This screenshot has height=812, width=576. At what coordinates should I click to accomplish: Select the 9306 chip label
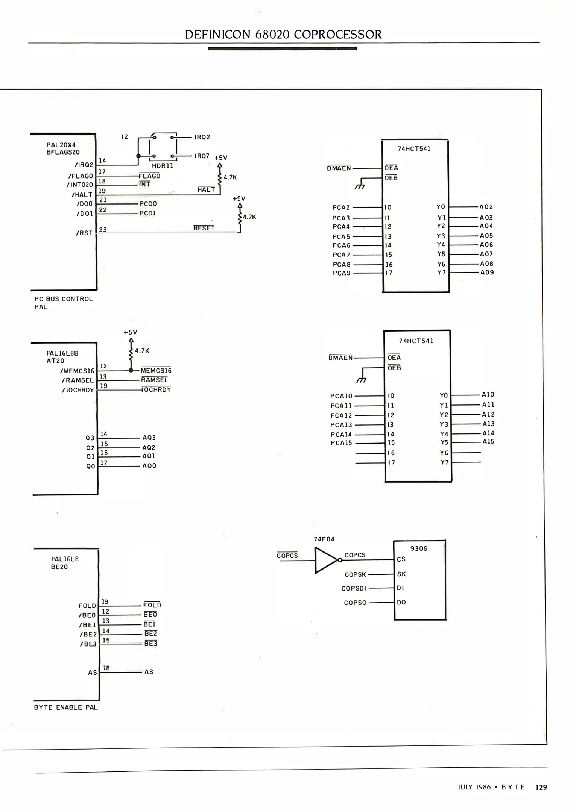click(x=418, y=548)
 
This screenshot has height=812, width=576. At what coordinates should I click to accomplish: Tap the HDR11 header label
click(x=163, y=165)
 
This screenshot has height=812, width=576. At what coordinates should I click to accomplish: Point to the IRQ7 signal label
click(x=202, y=156)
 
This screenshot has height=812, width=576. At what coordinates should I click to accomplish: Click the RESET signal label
click(x=204, y=228)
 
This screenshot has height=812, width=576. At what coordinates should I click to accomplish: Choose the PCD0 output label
click(x=148, y=204)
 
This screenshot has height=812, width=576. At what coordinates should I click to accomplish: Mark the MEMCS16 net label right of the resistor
click(x=156, y=371)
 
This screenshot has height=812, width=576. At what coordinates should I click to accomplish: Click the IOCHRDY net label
click(x=157, y=390)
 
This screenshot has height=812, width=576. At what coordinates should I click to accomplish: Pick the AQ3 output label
click(x=149, y=438)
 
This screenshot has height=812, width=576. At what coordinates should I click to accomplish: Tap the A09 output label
click(x=487, y=273)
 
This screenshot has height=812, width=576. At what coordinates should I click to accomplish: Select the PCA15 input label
click(x=341, y=443)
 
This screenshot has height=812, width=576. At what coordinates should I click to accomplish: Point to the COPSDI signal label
click(x=354, y=588)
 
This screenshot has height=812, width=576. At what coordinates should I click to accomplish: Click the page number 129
click(x=541, y=787)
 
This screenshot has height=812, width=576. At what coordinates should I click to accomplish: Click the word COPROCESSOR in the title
click(x=337, y=35)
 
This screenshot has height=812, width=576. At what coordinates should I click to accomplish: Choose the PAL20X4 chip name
click(x=61, y=145)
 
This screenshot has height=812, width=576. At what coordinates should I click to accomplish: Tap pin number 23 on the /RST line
click(x=103, y=229)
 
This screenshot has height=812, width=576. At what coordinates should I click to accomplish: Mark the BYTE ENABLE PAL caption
click(x=66, y=707)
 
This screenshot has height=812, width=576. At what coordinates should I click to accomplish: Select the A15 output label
click(x=488, y=441)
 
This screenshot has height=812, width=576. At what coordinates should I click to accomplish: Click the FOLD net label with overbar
click(x=152, y=605)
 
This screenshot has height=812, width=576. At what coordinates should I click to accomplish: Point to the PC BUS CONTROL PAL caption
click(x=63, y=303)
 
